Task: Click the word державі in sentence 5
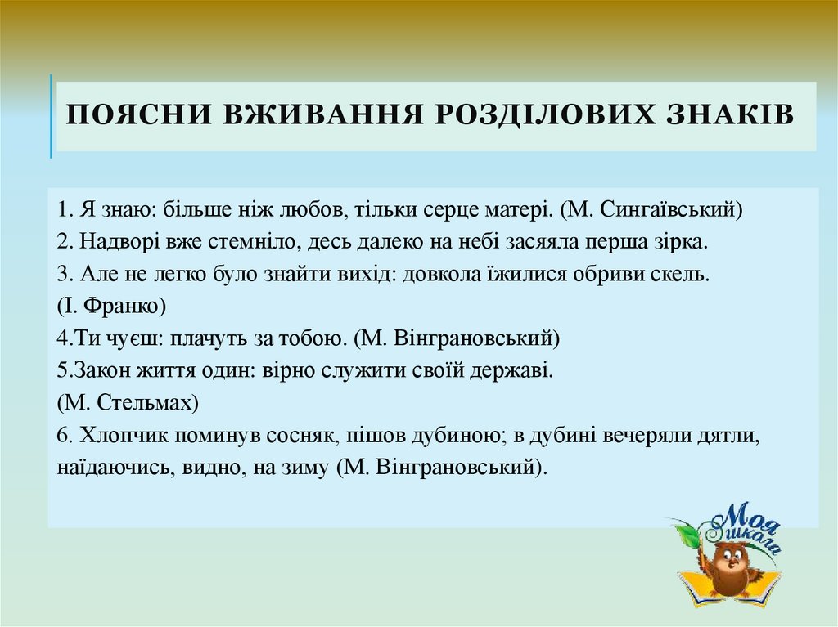516,370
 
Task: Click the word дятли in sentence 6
735,435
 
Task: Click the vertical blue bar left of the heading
52,116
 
